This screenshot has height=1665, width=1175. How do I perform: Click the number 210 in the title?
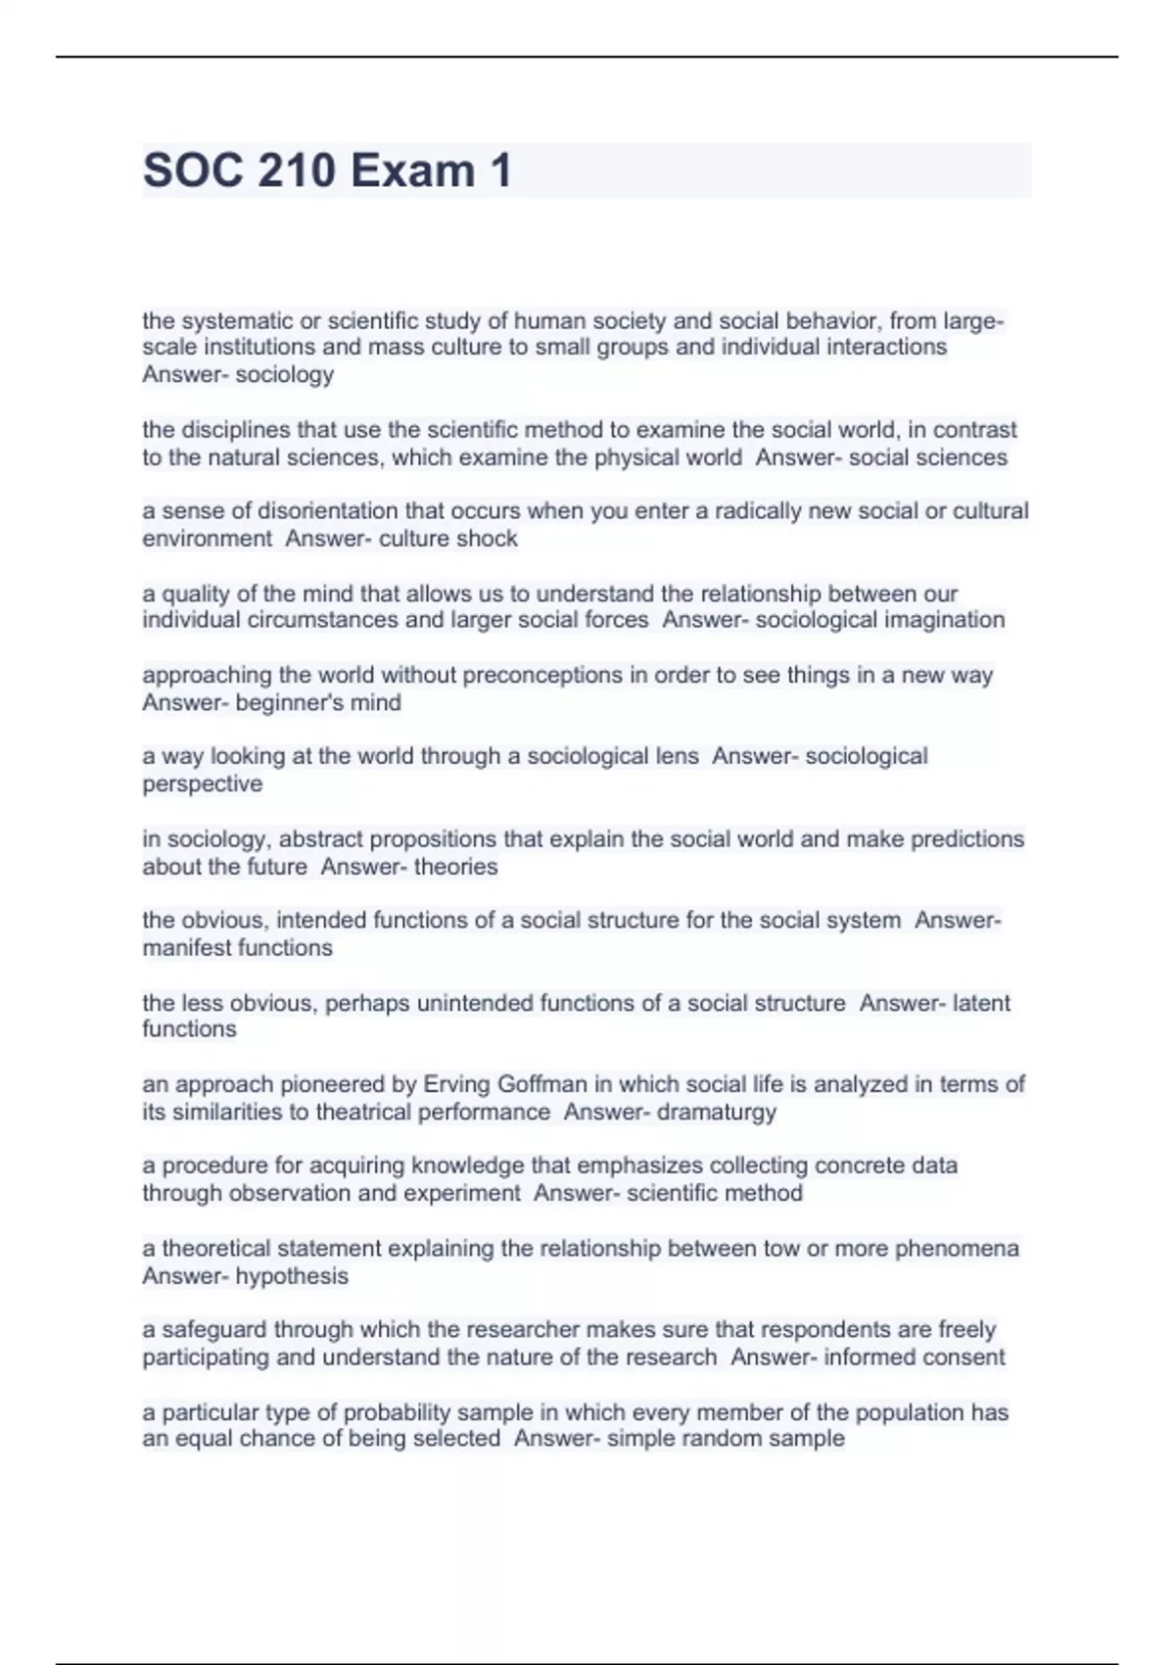click(x=295, y=171)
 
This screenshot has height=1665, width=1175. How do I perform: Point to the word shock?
click(x=489, y=539)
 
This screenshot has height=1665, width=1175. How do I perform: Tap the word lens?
click(x=679, y=756)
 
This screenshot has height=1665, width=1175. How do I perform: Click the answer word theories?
click(x=455, y=867)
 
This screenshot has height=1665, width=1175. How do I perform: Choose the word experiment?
click(x=460, y=1194)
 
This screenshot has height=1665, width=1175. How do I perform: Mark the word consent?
click(x=963, y=1357)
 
